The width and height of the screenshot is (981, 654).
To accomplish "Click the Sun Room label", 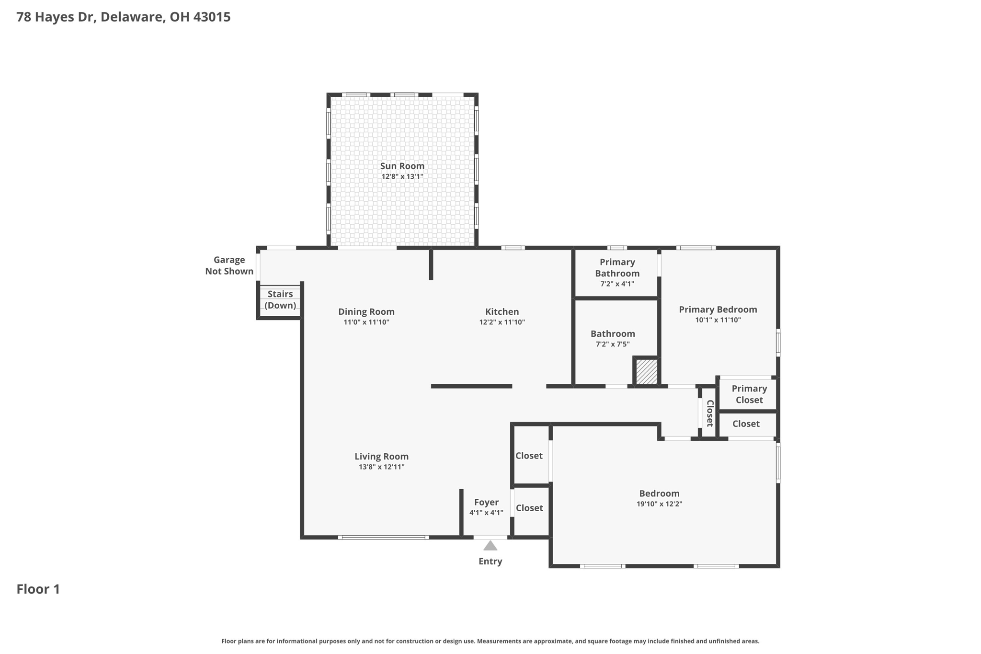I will click(402, 166).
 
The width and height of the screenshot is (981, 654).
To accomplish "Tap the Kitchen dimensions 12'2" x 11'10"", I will click(502, 322).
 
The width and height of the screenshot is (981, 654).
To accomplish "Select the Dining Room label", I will click(366, 311).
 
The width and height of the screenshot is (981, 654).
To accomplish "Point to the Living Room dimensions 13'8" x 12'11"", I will click(381, 467).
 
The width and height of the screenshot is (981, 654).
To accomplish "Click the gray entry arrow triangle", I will click(490, 546).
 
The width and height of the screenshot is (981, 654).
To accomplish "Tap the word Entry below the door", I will click(490, 562).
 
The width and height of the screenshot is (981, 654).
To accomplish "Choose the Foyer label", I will click(486, 502).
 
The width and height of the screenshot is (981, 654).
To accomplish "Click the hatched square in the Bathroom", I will click(647, 371).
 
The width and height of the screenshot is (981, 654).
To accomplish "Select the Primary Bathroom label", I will click(617, 267).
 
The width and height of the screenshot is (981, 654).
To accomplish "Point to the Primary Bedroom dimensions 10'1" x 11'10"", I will click(718, 320).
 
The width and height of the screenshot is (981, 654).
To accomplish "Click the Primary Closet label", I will click(749, 394).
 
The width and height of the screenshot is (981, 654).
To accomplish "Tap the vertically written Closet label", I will click(710, 413).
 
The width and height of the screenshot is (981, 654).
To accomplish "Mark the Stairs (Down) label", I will click(280, 299).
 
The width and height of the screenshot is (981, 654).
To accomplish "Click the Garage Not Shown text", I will click(229, 265).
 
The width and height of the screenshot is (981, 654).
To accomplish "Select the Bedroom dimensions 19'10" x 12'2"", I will click(659, 504).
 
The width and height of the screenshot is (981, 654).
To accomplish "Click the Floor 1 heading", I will click(38, 589).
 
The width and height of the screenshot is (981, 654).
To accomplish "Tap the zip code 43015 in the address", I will click(212, 17).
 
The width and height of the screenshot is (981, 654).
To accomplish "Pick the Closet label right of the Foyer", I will click(529, 508).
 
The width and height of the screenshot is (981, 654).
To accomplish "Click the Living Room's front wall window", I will click(383, 538).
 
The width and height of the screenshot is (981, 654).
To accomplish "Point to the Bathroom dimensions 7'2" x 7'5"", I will click(612, 344).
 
